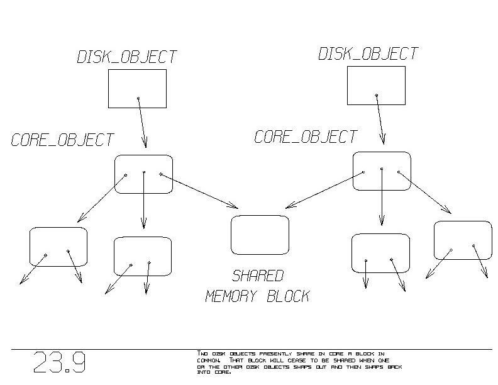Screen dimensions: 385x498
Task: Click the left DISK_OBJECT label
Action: (x=127, y=57)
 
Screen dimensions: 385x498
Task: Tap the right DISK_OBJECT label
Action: (x=368, y=53)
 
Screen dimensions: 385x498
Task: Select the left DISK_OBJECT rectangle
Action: (x=137, y=88)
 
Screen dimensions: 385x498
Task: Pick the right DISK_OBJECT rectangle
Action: (x=376, y=85)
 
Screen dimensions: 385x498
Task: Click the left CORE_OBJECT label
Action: (x=62, y=140)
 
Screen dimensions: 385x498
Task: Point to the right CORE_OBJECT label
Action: (x=306, y=137)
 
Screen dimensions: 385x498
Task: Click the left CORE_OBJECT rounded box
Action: (x=143, y=174)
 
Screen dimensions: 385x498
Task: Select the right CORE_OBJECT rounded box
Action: (x=381, y=171)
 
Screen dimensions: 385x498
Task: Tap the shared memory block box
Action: (x=260, y=235)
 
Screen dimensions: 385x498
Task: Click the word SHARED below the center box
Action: (x=258, y=276)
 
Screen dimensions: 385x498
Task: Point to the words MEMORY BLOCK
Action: (x=258, y=296)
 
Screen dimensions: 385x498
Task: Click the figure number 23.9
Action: (x=59, y=363)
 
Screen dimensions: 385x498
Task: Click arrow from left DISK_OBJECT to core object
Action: (x=142, y=123)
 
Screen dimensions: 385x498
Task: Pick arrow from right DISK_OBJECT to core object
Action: (x=380, y=120)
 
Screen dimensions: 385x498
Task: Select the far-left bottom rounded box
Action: (x=58, y=247)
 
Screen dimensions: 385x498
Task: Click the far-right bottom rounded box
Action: (x=463, y=240)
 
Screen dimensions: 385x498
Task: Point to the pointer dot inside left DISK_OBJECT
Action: (x=138, y=98)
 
